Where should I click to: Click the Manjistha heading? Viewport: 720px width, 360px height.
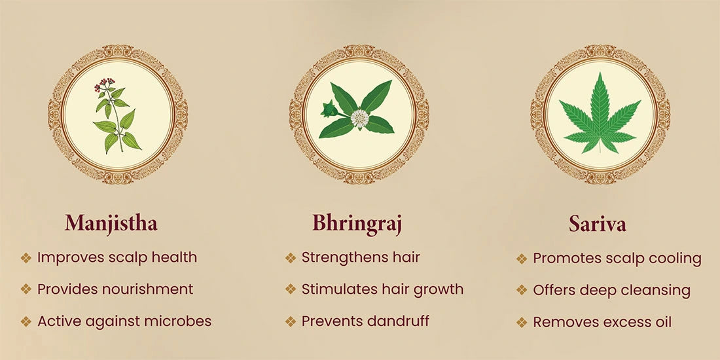[111, 224]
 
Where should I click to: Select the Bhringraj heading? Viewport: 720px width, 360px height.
[357, 224]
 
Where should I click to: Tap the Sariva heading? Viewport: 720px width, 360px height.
[598, 224]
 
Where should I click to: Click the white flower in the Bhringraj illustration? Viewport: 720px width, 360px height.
[359, 118]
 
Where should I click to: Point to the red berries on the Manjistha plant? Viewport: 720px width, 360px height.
[104, 84]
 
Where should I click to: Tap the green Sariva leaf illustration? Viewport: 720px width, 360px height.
[600, 113]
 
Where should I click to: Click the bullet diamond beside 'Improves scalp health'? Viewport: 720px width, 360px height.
[26, 258]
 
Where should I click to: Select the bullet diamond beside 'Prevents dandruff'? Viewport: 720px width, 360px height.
[290, 321]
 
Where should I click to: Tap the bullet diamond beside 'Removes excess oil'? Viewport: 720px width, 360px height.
[522, 322]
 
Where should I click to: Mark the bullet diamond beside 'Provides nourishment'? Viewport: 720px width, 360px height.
[26, 289]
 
